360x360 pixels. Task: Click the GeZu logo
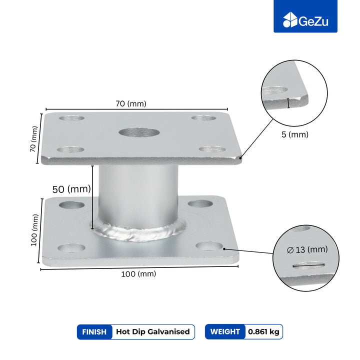[x=305, y=20]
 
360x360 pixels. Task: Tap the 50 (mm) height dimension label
[x=71, y=189]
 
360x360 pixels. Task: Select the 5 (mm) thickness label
[x=295, y=134]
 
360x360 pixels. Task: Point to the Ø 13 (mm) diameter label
[x=307, y=249]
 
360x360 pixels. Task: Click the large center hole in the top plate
[x=139, y=132]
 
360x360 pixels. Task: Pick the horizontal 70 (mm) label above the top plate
[x=131, y=104]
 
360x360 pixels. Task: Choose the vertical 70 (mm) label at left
[x=33, y=139]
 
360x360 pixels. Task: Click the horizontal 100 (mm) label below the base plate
[x=138, y=274]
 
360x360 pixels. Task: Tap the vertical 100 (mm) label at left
[x=34, y=230]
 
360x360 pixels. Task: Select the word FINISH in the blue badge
[x=94, y=332]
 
